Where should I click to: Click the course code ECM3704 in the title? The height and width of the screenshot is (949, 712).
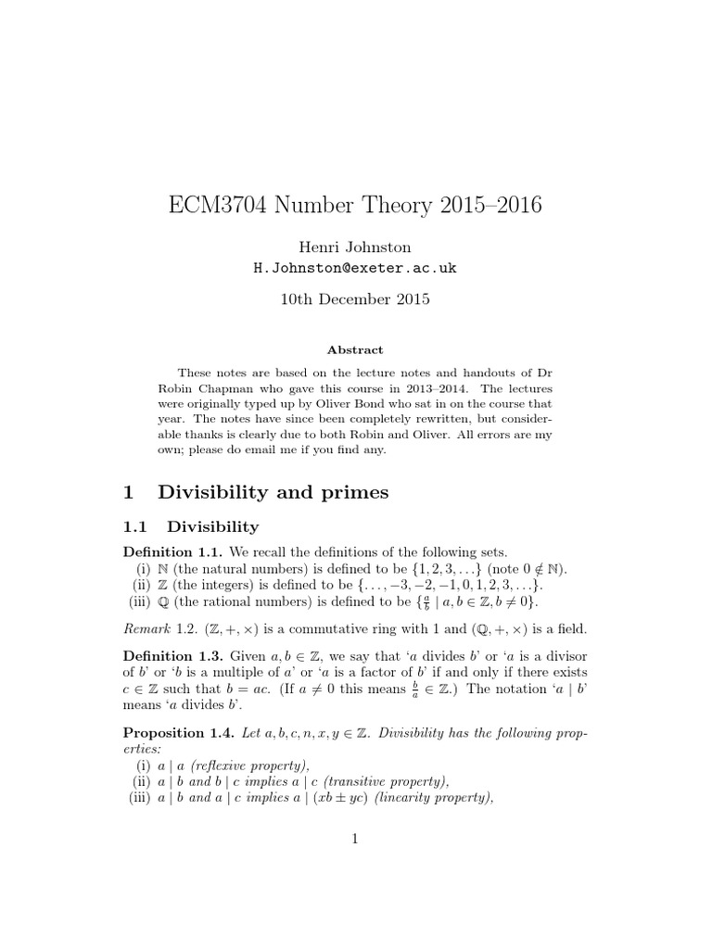(x=222, y=204)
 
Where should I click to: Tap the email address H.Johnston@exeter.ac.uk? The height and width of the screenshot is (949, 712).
(x=355, y=268)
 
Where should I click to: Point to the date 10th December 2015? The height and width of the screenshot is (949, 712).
(x=355, y=299)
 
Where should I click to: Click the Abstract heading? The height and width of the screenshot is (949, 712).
(x=355, y=350)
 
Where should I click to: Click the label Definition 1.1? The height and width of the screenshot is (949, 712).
(x=168, y=552)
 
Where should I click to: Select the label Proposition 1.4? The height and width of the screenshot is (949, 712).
(x=173, y=733)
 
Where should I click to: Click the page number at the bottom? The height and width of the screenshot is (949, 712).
(x=355, y=840)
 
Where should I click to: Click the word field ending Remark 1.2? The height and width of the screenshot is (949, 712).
(x=572, y=629)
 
